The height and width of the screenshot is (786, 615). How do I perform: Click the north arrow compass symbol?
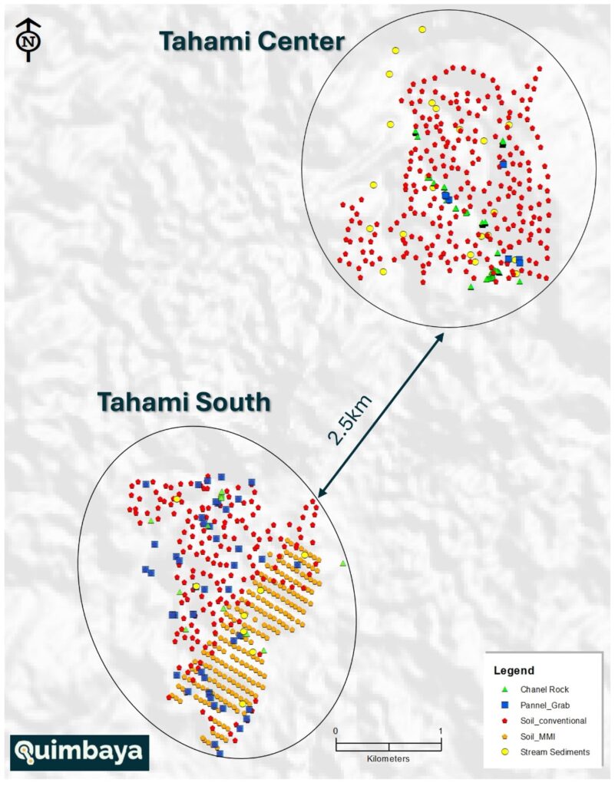[x=28, y=38]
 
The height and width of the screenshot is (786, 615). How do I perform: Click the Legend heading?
[x=514, y=670]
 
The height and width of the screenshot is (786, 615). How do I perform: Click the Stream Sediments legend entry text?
[x=555, y=752]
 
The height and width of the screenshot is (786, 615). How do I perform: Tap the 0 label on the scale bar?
[x=336, y=730]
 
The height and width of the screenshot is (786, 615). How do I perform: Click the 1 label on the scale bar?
[x=441, y=730]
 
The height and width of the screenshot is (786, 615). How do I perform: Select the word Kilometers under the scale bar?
[x=389, y=758]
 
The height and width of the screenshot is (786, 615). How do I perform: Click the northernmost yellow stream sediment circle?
[x=422, y=29]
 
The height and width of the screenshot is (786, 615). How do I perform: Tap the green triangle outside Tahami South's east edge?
[x=342, y=564]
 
